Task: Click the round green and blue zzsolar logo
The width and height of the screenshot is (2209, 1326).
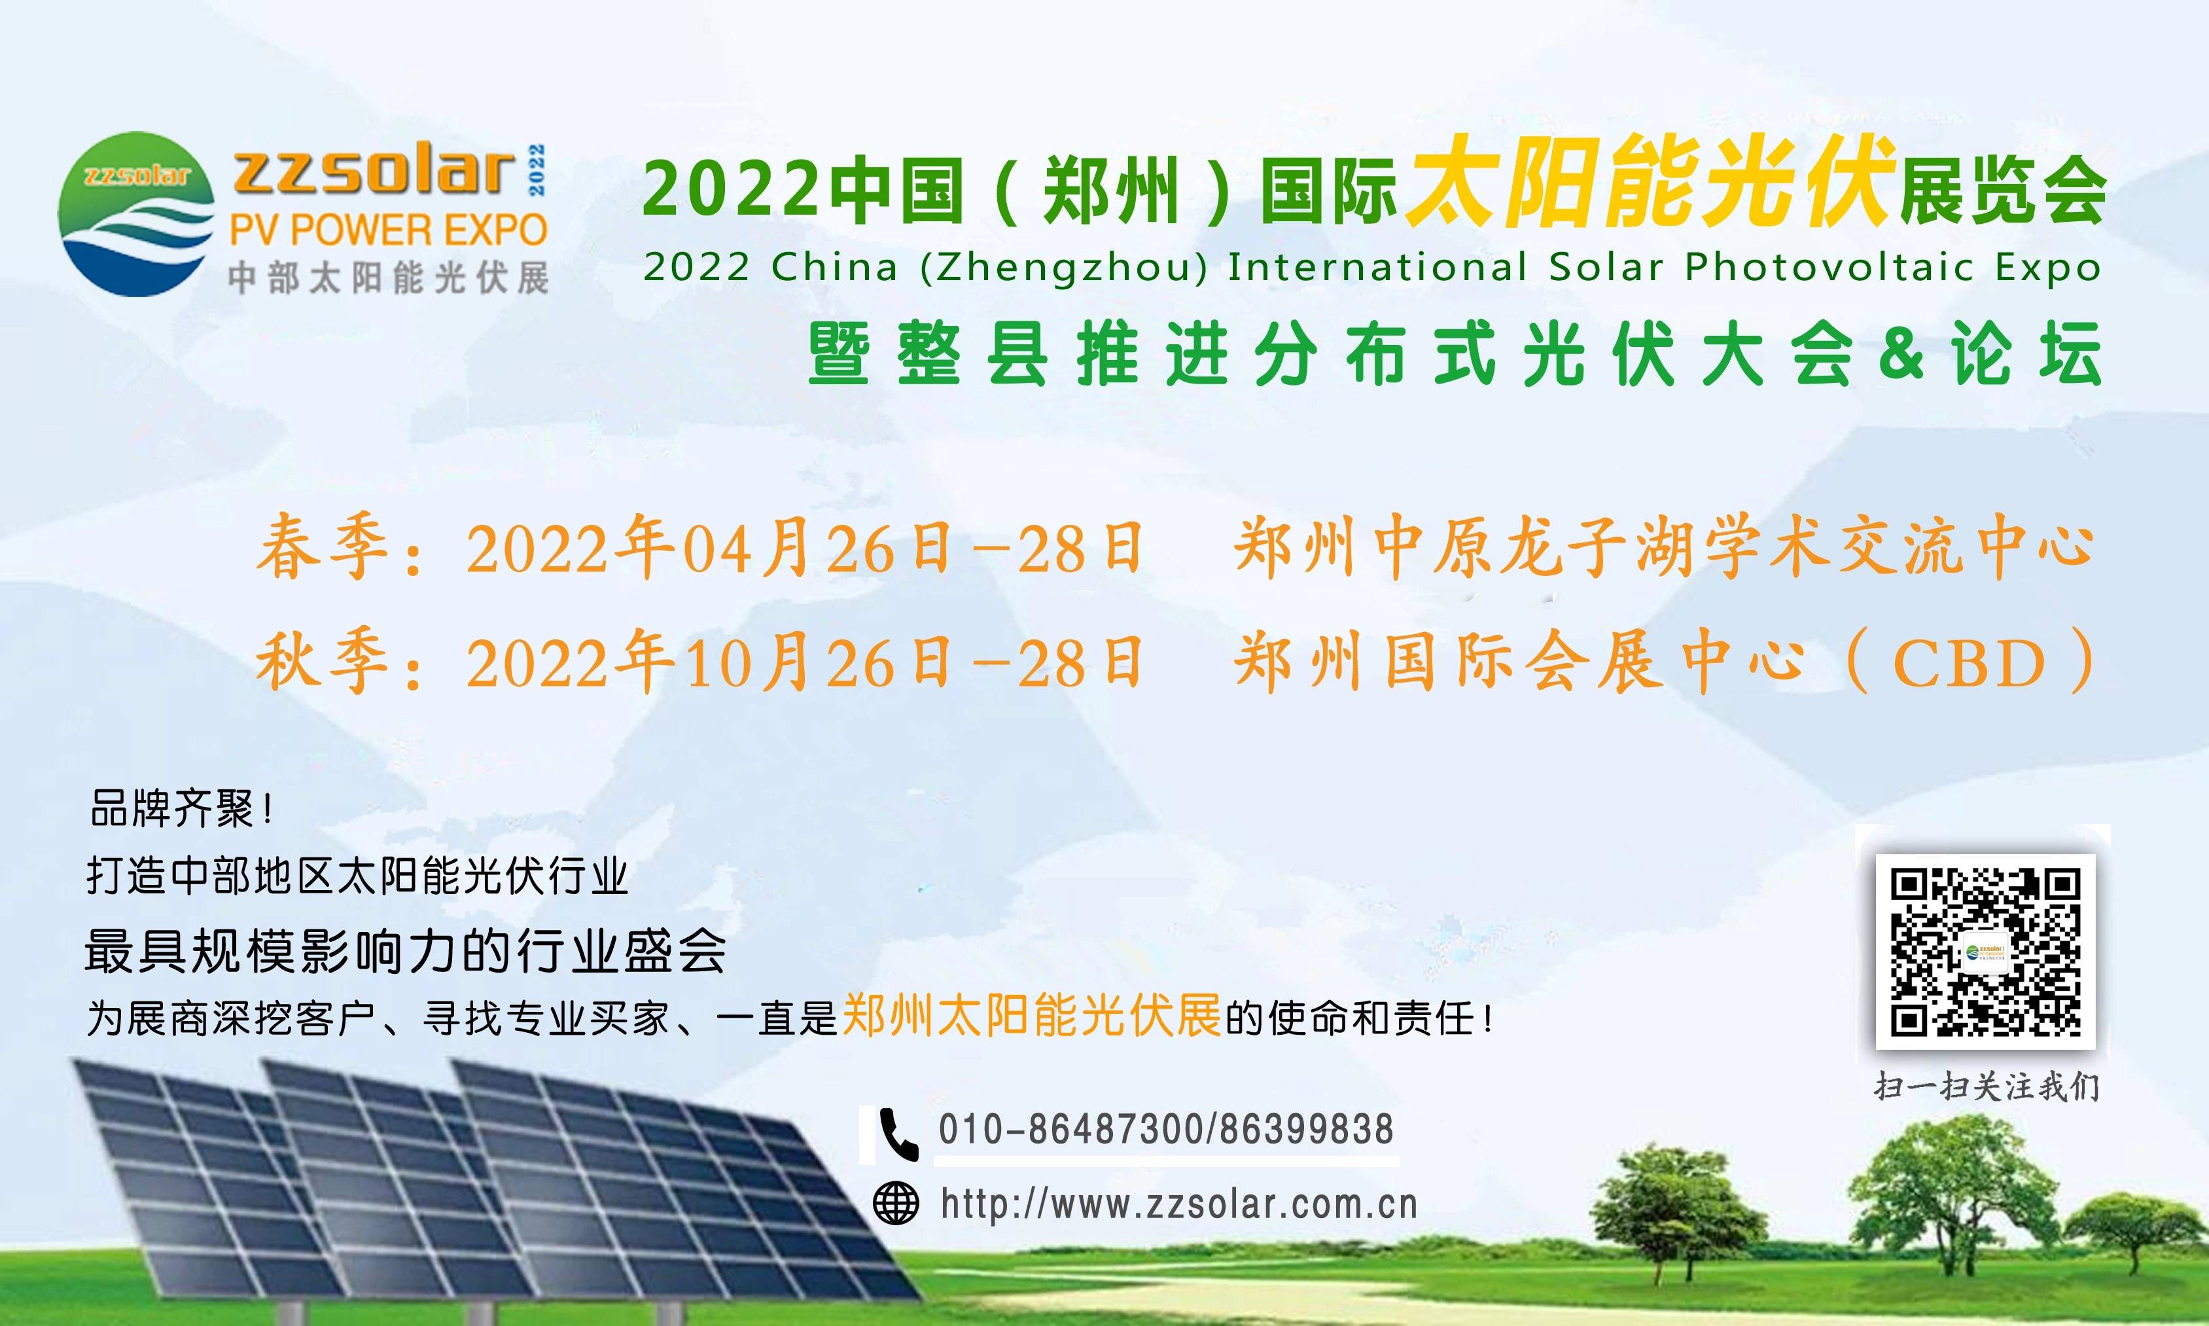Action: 136,215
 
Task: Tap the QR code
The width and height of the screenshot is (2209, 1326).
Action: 1985,952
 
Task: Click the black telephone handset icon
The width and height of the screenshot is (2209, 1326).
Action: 898,1134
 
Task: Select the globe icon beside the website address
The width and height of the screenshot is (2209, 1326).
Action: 896,1204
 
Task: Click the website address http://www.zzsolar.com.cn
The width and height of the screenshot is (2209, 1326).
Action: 1179,1204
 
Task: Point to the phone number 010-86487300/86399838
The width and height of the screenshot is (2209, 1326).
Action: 1166,1130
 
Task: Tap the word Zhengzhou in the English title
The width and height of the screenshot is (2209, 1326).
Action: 1064,268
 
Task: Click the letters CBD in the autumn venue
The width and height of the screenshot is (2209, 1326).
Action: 1969,663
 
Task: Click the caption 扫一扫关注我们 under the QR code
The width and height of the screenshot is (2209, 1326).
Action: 1987,1086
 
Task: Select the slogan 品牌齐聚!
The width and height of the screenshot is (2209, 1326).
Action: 181,810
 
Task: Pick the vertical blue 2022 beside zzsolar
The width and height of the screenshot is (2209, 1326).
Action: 536,170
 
